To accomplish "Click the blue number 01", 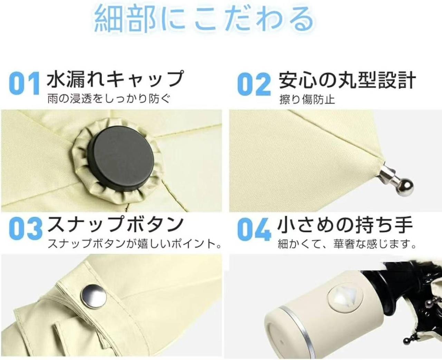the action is click(24, 83).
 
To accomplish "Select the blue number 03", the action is click(26, 228).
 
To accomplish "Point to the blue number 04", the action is click(254, 229).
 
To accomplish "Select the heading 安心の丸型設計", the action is click(347, 80).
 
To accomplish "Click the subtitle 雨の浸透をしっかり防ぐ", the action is click(109, 99).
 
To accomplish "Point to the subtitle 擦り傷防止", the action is click(307, 99).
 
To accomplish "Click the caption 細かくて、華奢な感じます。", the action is click(347, 244).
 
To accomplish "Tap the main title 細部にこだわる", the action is click(204, 19).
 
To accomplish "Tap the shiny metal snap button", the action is click(94, 295).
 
